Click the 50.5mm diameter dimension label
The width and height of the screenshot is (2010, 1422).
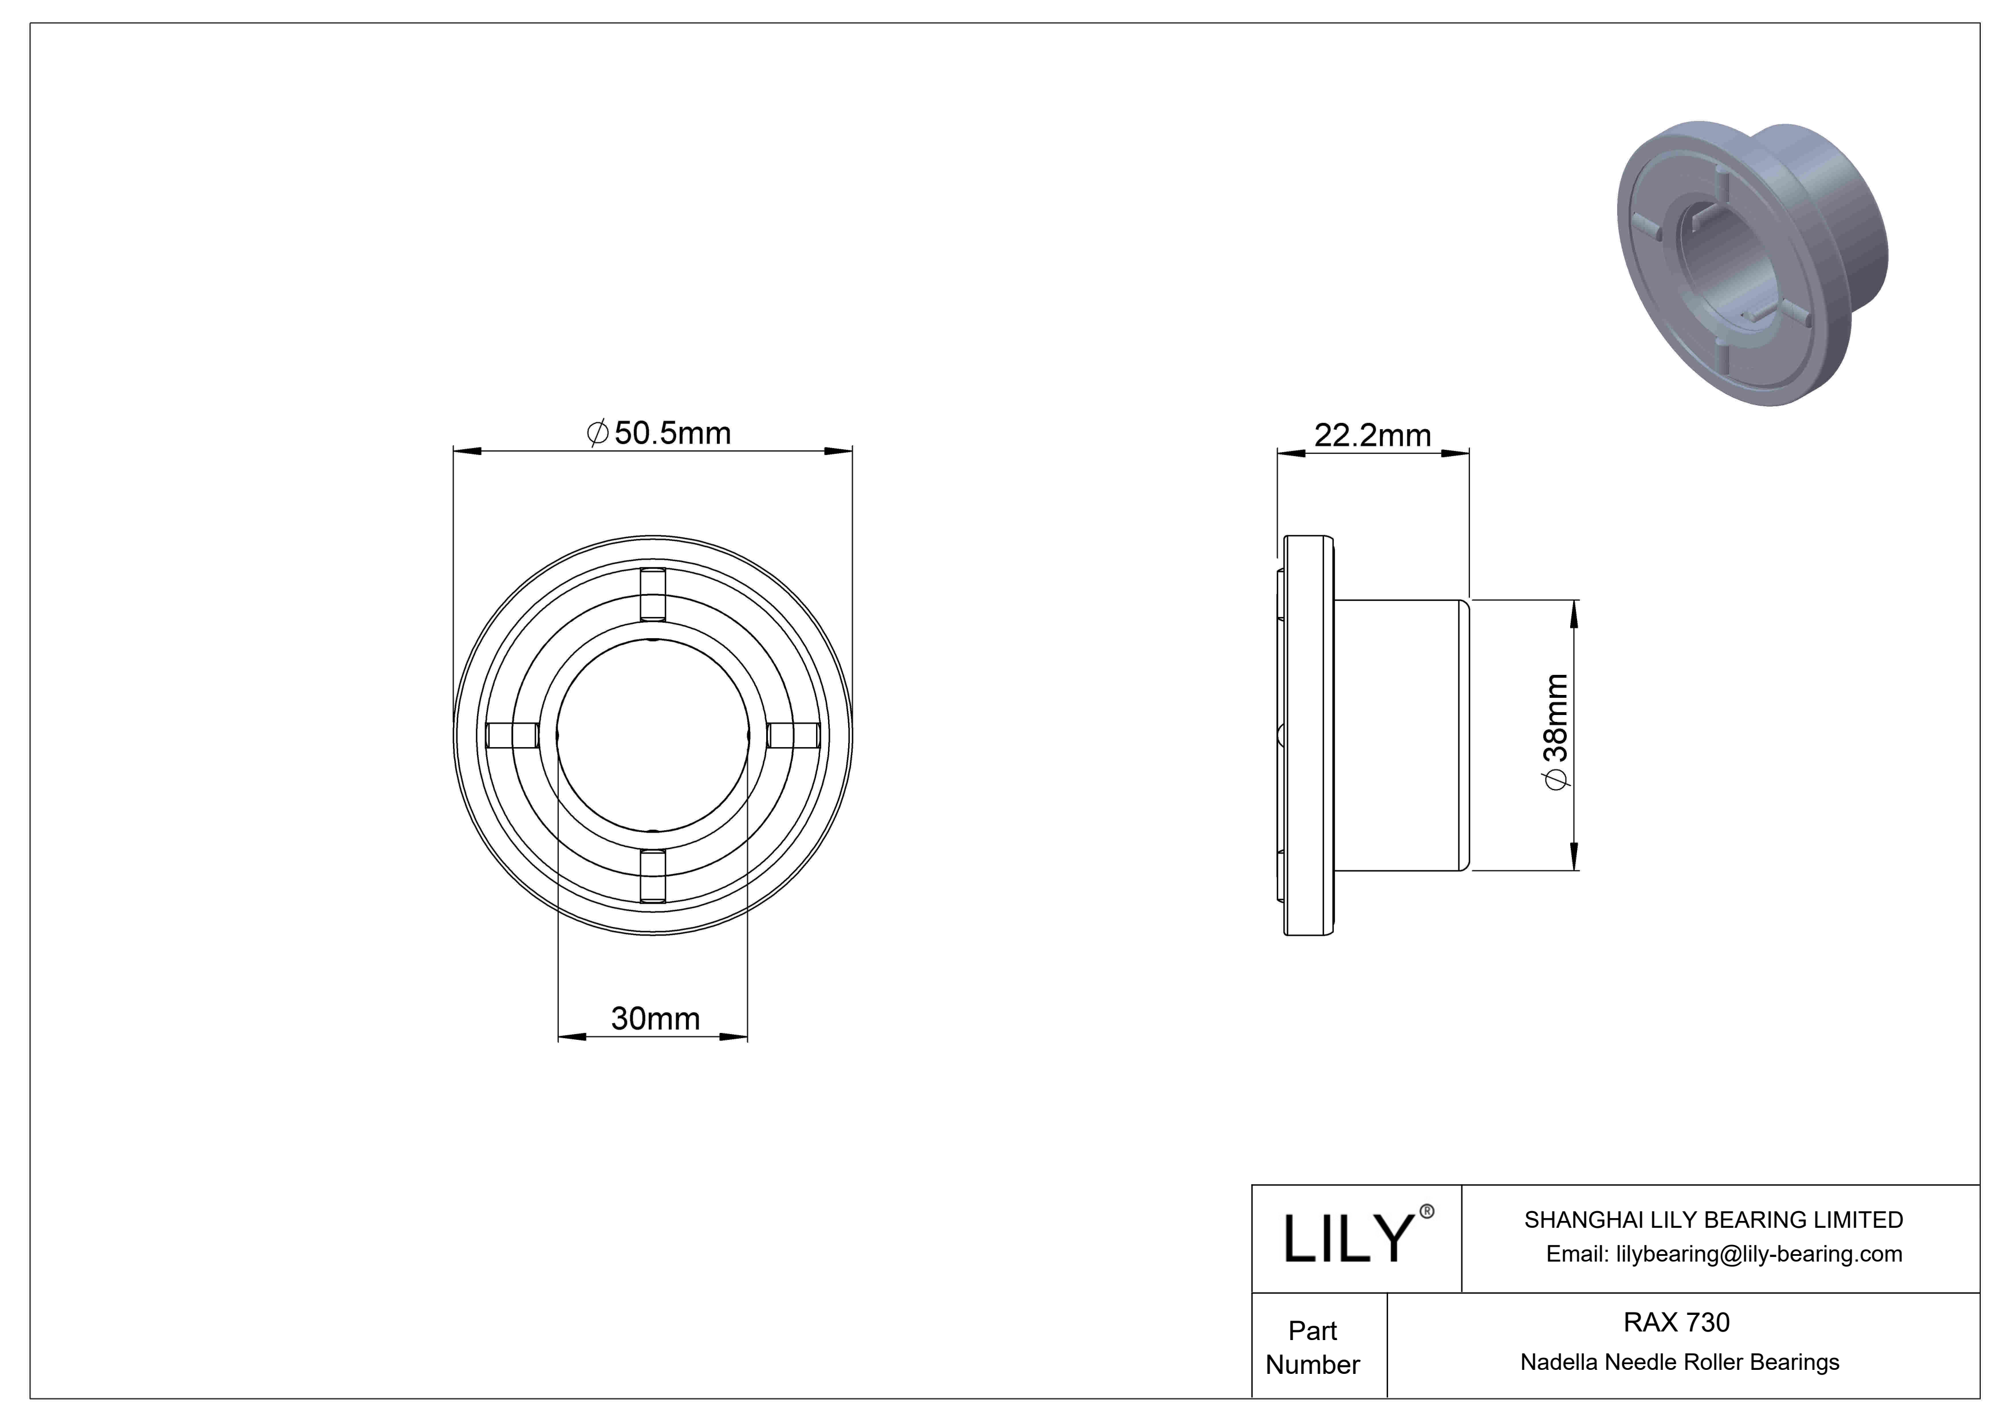[x=659, y=434]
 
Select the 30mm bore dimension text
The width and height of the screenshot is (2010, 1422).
[x=655, y=1018]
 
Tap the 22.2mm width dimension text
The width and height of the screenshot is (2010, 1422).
[x=1372, y=435]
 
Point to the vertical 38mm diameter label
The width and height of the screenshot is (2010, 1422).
[x=1556, y=732]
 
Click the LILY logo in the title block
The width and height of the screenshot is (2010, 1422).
[x=1348, y=1238]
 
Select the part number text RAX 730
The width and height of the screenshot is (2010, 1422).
[x=1676, y=1322]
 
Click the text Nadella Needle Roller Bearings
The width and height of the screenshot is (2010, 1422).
[x=1679, y=1362]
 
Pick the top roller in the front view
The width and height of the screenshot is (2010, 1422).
[x=652, y=595]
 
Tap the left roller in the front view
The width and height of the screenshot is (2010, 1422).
[x=512, y=736]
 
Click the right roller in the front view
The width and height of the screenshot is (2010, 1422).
[x=793, y=736]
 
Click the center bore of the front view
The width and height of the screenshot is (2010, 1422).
[x=652, y=736]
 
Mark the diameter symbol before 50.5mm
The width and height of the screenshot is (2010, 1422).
[x=597, y=434]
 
